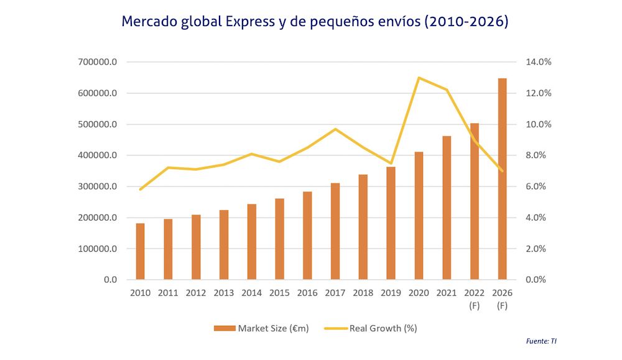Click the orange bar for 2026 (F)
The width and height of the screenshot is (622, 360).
tap(503, 179)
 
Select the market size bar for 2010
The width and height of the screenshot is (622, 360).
tap(141, 251)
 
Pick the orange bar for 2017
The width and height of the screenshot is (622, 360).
tap(335, 231)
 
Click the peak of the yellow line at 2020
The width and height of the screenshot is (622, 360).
tap(419, 78)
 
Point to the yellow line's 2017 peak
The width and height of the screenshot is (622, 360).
tap(335, 129)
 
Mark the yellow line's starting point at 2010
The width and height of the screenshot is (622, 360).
tap(141, 189)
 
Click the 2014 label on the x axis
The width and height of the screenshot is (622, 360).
tap(252, 292)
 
